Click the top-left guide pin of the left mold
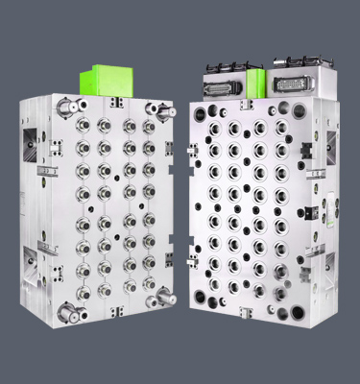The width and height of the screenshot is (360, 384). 67,107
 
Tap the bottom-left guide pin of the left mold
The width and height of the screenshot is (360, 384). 66,310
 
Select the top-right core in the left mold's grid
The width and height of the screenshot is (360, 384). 149,126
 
